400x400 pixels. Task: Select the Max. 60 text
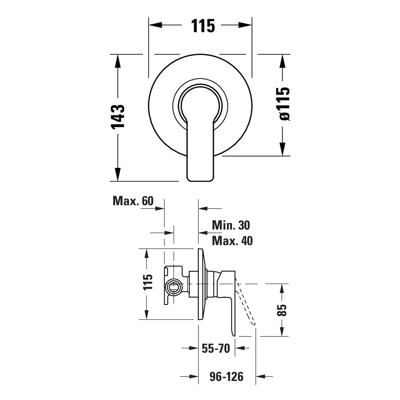pos(133,201)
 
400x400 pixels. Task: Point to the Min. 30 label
pos(231,225)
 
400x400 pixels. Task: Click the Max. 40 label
pos(232,241)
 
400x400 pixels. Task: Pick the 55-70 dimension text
pos(216,348)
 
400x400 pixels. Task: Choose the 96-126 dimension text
pos(226,377)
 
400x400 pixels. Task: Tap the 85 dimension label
pos(282,310)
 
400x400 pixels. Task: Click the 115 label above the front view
pos(203,26)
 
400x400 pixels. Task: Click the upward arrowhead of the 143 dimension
pos(118,61)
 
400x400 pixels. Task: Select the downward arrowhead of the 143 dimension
pos(118,174)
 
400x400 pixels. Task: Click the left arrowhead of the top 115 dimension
pos(155,25)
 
